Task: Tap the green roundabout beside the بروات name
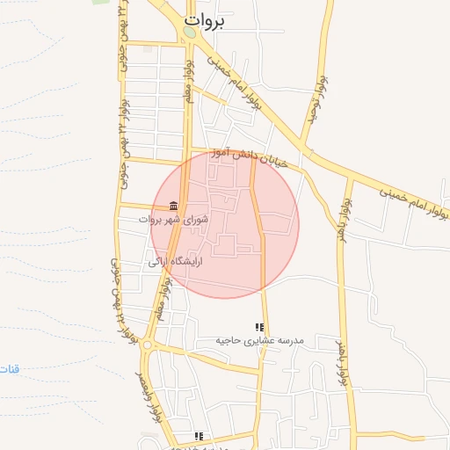pos(190,33)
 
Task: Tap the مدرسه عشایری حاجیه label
pos(261,339)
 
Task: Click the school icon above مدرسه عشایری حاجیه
pos(259,327)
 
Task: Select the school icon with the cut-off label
pos(200,436)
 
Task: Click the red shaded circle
pos(225,225)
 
